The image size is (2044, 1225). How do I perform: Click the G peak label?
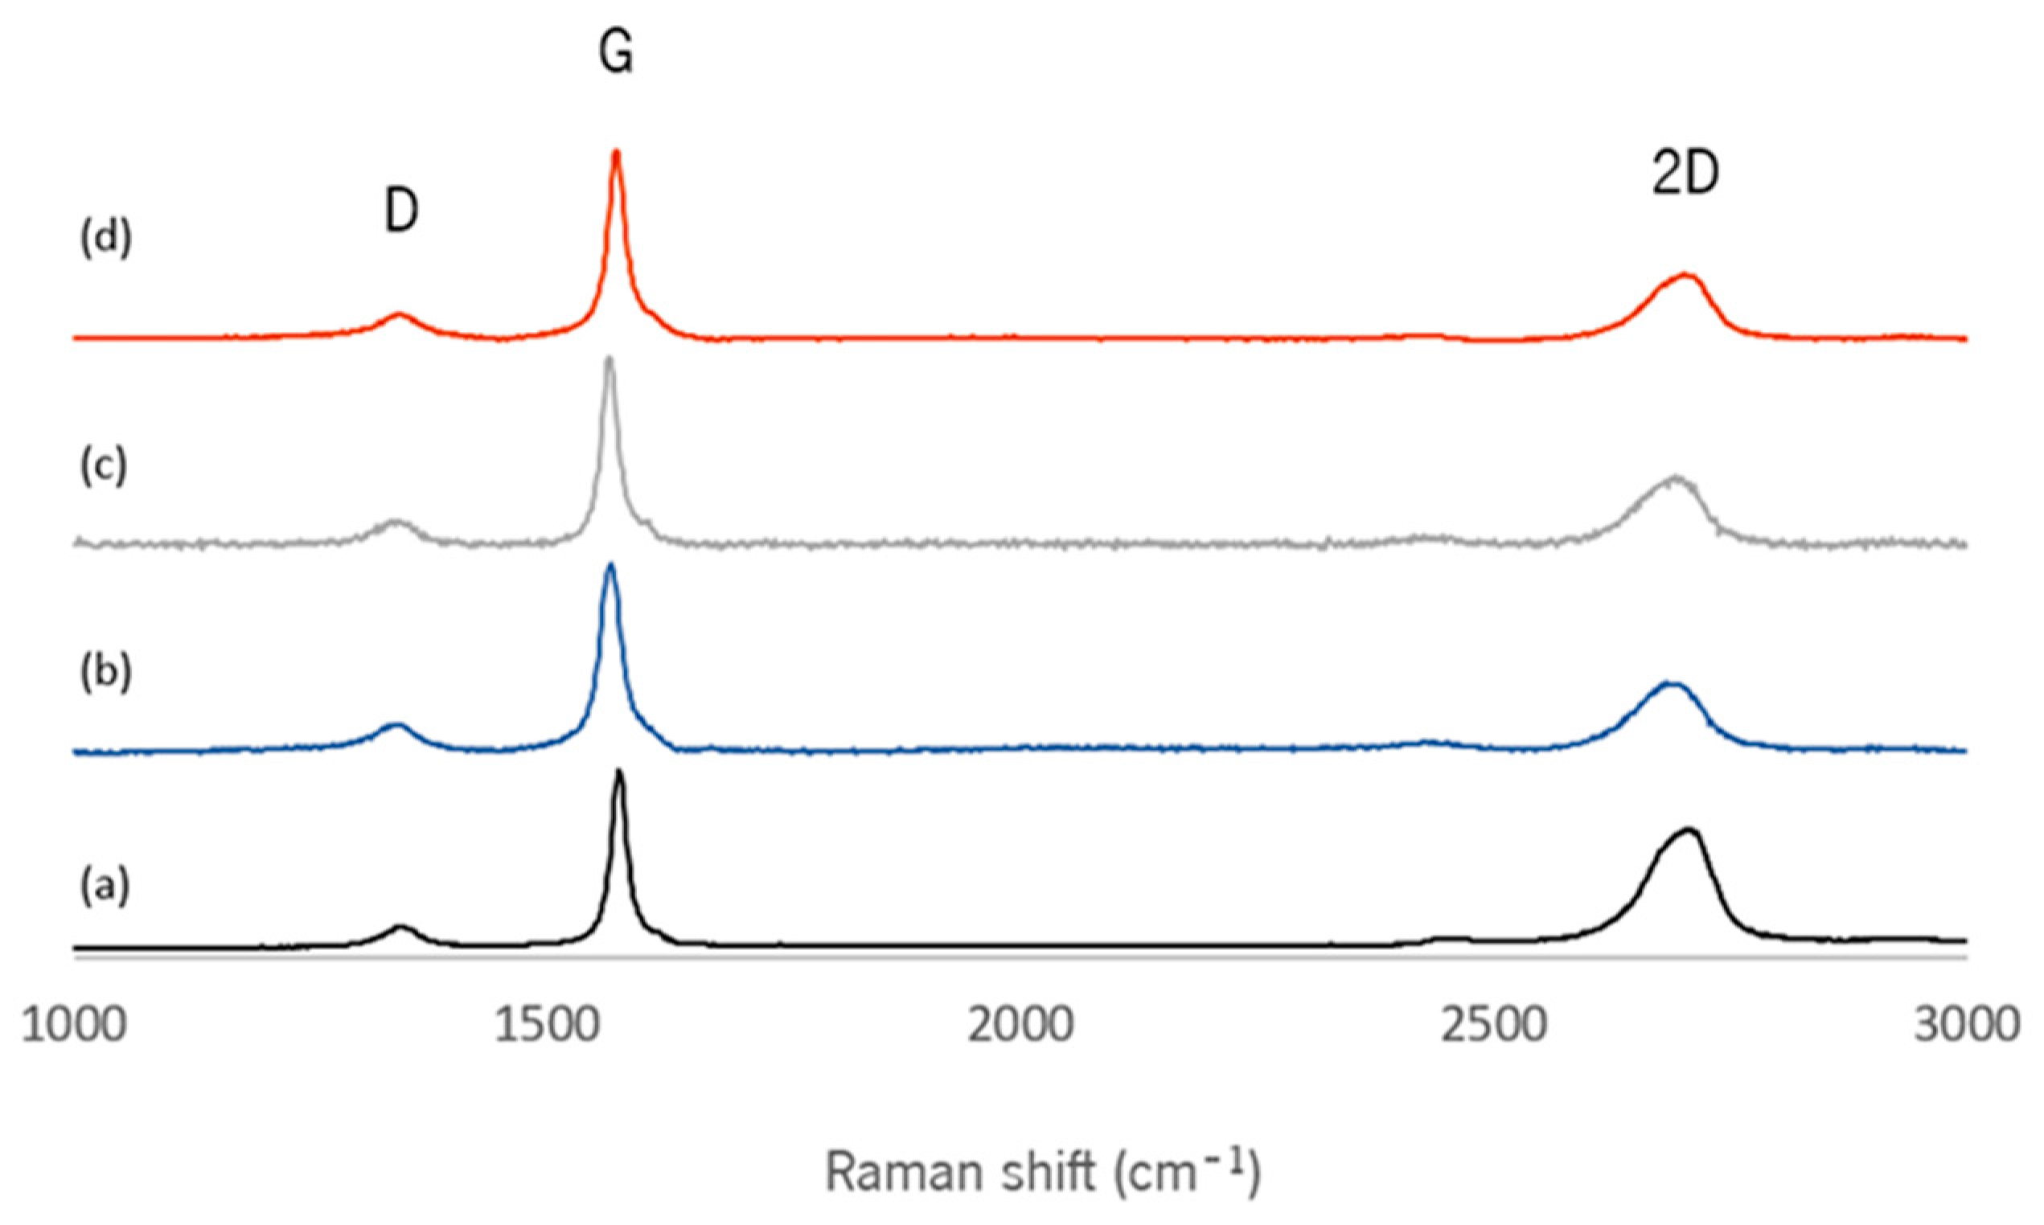pyautogui.click(x=616, y=55)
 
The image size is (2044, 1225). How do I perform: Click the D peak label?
pyautogui.click(x=401, y=212)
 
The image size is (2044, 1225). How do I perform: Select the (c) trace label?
pyautogui.click(x=104, y=466)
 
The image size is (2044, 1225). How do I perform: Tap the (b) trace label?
pyautogui.click(x=105, y=673)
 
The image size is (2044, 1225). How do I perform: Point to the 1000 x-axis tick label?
pyautogui.click(x=74, y=1024)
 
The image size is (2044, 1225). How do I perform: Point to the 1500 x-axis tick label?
pyautogui.click(x=548, y=1024)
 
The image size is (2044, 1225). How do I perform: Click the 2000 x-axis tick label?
pyautogui.click(x=1021, y=1024)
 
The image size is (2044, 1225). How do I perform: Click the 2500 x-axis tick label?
pyautogui.click(x=1494, y=1024)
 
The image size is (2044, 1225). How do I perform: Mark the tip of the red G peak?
pyautogui.click(x=615, y=152)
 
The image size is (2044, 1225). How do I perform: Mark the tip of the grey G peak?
pyautogui.click(x=610, y=358)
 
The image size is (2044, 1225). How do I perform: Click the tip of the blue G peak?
pyautogui.click(x=610, y=565)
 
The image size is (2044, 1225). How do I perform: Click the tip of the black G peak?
pyautogui.click(x=619, y=772)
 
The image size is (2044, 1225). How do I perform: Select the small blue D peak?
pyautogui.click(x=397, y=726)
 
